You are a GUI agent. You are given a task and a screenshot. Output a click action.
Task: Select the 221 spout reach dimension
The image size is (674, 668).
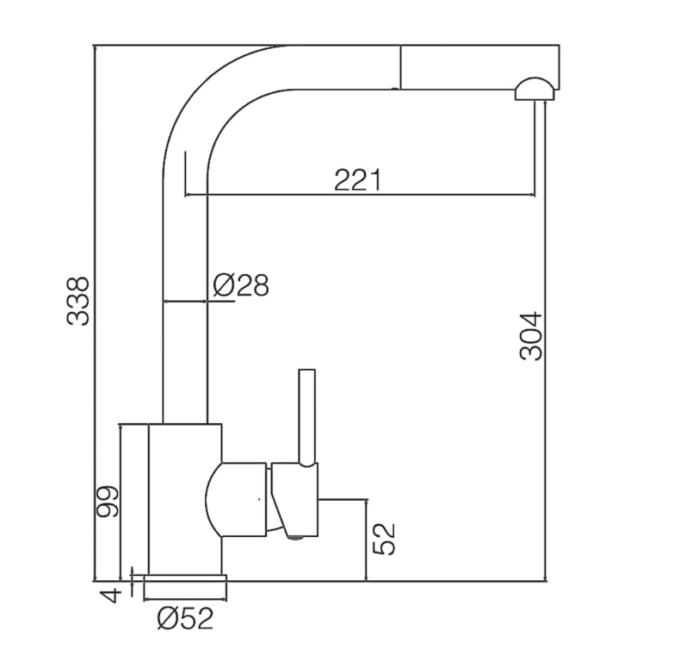[357, 180]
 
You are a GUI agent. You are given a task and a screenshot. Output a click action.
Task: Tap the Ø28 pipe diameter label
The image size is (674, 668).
[240, 284]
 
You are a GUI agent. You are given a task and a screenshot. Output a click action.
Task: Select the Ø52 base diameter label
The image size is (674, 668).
[185, 619]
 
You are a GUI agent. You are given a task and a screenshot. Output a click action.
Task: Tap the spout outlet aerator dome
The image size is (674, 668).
[535, 89]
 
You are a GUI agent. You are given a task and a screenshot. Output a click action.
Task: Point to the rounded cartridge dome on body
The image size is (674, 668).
[232, 500]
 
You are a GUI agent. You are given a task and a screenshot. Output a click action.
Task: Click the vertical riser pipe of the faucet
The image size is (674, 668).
[185, 345]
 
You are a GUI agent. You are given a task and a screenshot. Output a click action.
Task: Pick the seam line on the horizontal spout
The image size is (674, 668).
[399, 66]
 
